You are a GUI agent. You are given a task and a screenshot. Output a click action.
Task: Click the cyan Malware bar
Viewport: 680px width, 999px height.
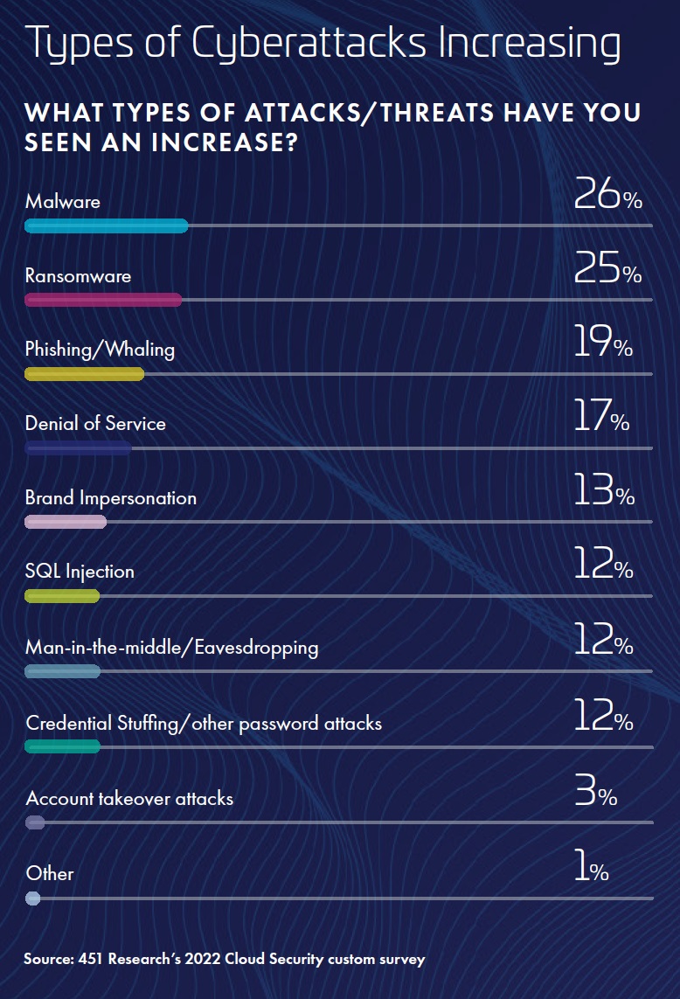106,225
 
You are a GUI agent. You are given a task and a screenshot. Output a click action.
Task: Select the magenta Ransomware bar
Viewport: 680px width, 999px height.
103,300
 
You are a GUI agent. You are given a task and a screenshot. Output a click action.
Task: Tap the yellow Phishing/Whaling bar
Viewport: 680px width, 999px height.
84,374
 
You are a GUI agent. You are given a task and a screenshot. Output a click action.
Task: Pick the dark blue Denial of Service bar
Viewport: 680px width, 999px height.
78,448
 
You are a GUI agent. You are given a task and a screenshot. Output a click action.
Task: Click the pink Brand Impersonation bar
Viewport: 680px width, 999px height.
66,522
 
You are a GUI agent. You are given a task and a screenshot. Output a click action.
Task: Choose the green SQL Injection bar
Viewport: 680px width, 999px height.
62,596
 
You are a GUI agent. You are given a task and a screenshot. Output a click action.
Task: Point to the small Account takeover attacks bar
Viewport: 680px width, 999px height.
35,822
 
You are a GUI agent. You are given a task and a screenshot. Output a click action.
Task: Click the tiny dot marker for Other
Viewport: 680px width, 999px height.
33,898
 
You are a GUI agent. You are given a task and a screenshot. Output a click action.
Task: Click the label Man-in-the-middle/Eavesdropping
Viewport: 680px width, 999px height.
171,648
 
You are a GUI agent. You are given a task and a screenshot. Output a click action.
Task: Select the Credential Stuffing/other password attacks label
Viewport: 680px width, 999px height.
204,723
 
